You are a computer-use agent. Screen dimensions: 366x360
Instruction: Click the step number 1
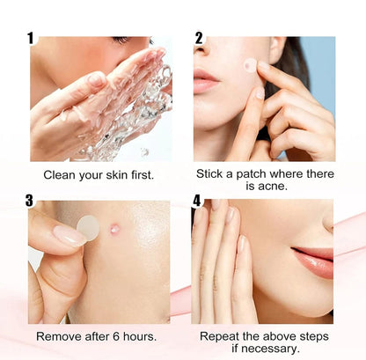click(31, 39)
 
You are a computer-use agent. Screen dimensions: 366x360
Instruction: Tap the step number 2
click(199, 39)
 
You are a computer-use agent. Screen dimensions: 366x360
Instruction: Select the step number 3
click(29, 201)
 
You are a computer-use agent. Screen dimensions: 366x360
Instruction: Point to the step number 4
click(197, 201)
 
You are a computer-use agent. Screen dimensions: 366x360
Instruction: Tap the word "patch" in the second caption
click(252, 173)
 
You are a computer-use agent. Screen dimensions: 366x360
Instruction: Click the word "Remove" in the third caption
click(59, 336)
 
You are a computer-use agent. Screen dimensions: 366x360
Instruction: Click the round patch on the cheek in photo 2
click(250, 64)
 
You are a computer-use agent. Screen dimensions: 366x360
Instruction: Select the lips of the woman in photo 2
click(205, 80)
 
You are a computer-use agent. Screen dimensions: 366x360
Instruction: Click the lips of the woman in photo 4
click(313, 261)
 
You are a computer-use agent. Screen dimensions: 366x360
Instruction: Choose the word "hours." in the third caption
click(140, 336)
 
